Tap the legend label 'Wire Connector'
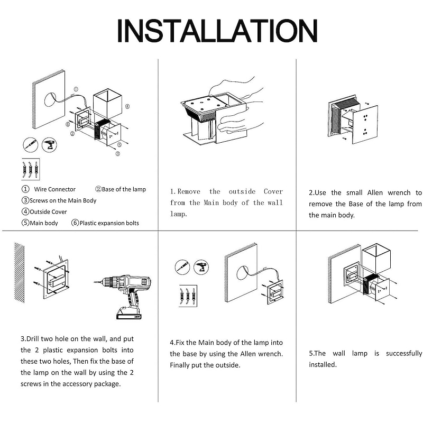[x=54, y=189]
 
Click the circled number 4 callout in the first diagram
[x=127, y=106]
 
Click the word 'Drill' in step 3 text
[x=37, y=338]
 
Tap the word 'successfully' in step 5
[x=403, y=353]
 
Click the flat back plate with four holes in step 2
[x=365, y=124]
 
